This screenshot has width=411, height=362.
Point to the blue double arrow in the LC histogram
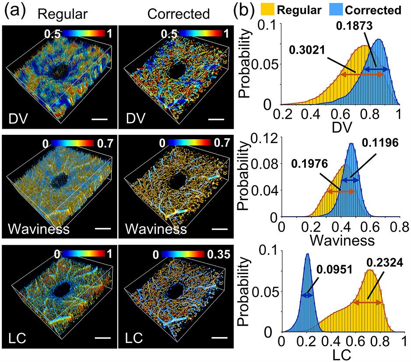[x=307, y=296]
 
